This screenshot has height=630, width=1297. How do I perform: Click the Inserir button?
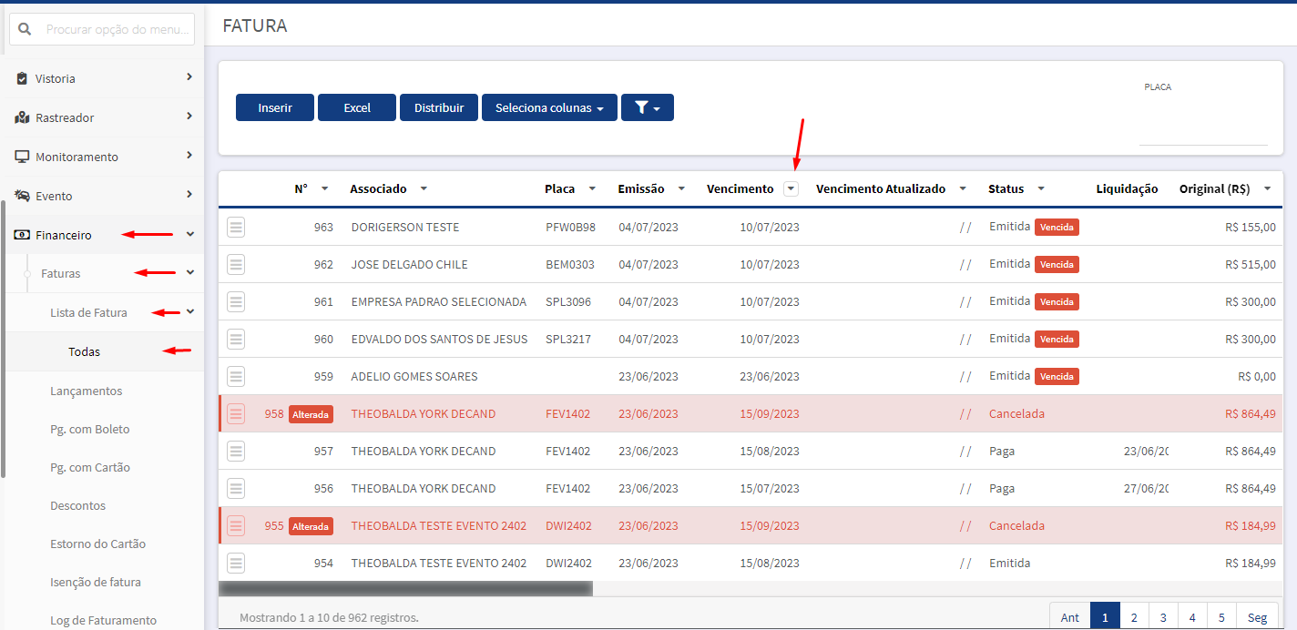274,107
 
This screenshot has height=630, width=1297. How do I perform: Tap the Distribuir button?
439,107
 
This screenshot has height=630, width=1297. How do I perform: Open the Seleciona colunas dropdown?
549,107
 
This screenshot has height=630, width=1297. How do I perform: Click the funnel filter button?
648,107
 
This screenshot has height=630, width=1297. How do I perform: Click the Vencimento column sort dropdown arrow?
791,188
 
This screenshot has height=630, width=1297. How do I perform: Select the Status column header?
1006,188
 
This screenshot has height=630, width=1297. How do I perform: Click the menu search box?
102,29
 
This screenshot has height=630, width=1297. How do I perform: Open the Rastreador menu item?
65,117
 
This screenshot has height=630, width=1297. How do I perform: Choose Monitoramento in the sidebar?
77,157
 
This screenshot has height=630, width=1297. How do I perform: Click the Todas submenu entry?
84,351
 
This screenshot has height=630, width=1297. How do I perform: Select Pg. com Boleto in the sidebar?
90,430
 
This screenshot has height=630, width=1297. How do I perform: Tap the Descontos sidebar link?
77,505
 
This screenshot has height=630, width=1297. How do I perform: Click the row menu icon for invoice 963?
236,227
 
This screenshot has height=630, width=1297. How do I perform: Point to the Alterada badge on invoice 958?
311,414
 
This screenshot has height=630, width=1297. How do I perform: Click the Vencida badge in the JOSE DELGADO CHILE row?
1057,264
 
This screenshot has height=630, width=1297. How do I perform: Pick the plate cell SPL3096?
568,302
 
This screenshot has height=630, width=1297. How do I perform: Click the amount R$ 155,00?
1251,228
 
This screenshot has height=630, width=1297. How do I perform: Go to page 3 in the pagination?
1163,617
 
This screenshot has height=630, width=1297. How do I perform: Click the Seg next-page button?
1257,617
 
